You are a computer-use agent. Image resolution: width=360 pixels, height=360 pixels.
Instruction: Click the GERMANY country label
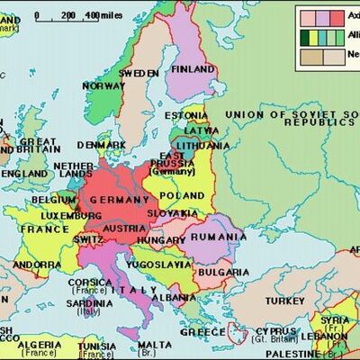point(119,200)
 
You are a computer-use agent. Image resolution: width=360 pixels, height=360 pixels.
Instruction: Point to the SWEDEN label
point(139,72)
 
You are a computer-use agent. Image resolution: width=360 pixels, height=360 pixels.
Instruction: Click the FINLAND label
point(192,68)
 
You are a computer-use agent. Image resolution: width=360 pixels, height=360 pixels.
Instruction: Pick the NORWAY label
point(103,86)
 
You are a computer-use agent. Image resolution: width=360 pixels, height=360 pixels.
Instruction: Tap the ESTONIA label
point(185,115)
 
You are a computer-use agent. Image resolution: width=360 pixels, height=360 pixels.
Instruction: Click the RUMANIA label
point(217,237)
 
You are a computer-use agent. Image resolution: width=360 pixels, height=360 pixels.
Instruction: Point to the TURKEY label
point(284,300)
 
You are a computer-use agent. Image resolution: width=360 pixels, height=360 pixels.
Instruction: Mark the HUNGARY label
point(162,241)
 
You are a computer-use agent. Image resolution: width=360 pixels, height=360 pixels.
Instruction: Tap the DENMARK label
point(101,145)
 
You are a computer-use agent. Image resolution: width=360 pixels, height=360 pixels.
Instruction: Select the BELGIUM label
point(53,200)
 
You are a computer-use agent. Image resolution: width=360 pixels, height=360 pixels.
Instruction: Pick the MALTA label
point(154,345)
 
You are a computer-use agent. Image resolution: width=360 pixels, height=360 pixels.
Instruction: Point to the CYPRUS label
point(277,331)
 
